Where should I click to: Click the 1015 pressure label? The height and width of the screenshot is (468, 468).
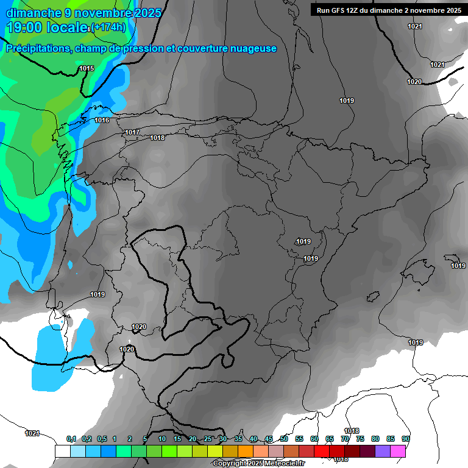click(87, 69)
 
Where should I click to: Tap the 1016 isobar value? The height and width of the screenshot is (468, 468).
click(102, 121)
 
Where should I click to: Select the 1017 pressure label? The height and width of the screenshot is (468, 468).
click(132, 133)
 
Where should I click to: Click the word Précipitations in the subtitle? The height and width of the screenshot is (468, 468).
click(38, 49)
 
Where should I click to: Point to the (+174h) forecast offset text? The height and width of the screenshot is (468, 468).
click(108, 27)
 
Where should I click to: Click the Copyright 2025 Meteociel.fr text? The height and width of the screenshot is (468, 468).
click(267, 464)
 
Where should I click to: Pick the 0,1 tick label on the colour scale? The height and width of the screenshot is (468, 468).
click(71, 439)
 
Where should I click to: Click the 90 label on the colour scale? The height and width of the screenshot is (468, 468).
click(406, 439)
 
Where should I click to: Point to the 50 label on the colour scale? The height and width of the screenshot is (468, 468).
click(284, 439)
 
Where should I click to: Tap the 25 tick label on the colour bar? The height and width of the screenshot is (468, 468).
click(208, 439)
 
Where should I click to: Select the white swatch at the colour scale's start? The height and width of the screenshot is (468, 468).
click(62, 451)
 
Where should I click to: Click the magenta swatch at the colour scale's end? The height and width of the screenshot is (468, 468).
click(398, 451)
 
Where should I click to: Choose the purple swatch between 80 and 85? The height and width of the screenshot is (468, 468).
click(383, 451)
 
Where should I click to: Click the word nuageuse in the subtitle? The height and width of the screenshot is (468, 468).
click(253, 49)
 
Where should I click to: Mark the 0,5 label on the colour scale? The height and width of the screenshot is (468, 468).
click(102, 439)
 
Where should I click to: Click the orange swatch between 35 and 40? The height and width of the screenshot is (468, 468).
click(246, 451)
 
